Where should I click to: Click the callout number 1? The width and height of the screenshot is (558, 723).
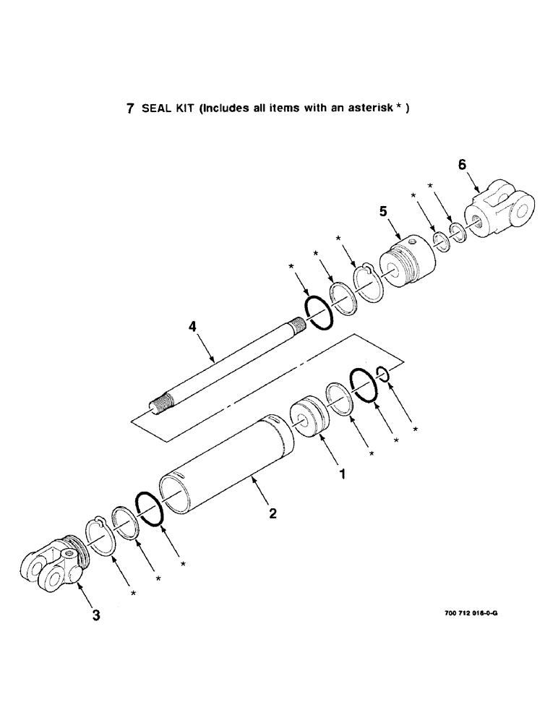click(x=342, y=475)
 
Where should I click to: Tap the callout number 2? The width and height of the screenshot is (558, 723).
click(x=272, y=513)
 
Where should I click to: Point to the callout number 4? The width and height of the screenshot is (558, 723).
click(x=192, y=327)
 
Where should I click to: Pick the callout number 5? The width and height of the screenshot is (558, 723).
click(x=385, y=212)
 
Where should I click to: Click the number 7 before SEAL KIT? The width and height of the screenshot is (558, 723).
click(x=130, y=109)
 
